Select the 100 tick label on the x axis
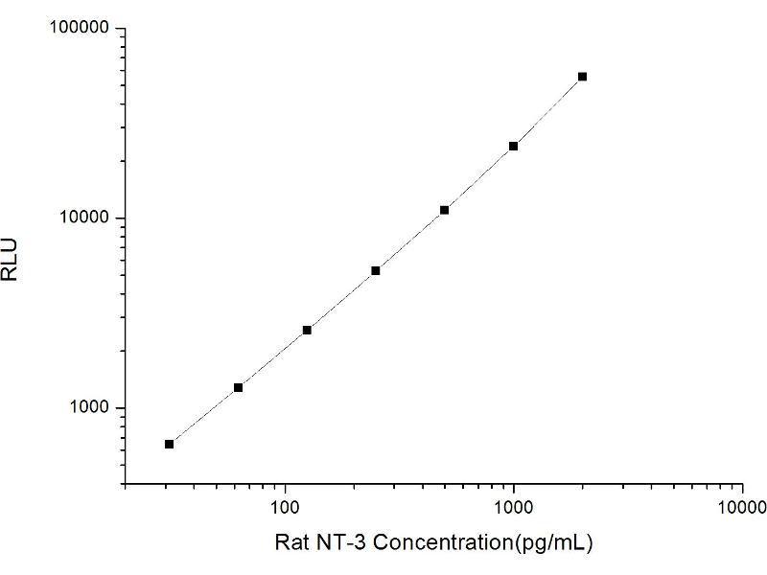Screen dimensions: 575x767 (285, 506)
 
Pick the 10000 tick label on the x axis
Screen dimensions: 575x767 (741, 506)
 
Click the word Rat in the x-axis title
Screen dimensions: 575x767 (291, 543)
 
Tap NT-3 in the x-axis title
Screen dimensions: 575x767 (340, 543)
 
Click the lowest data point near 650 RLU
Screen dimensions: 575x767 (170, 444)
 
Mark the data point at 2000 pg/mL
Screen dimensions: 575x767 (582, 77)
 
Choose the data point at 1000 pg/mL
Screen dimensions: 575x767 (514, 146)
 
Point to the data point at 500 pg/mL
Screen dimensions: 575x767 (445, 210)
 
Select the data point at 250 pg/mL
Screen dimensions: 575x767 (376, 270)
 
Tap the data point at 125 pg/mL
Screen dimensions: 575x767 (307, 330)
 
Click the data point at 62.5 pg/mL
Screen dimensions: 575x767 (238, 387)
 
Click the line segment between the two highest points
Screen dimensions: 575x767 (548, 111)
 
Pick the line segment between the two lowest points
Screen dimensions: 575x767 (203, 416)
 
